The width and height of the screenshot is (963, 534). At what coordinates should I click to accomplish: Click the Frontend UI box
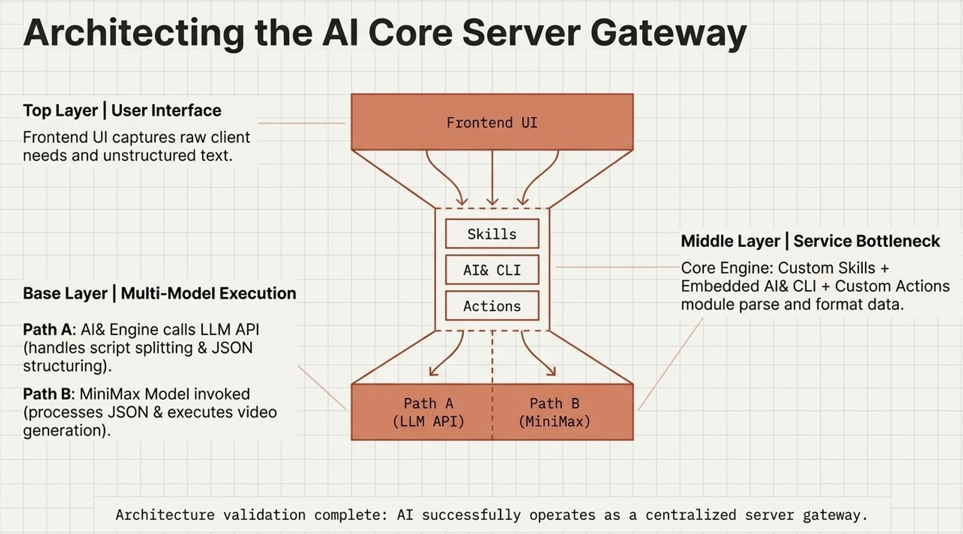pyautogui.click(x=492, y=122)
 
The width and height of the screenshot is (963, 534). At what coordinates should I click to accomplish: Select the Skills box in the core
pyautogui.click(x=492, y=233)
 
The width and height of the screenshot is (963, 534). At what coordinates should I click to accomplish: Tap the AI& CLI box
pyautogui.click(x=492, y=270)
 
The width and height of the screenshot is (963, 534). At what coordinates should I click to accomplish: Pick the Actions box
pyautogui.click(x=492, y=306)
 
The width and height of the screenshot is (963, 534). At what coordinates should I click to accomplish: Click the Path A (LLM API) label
pyautogui.click(x=428, y=412)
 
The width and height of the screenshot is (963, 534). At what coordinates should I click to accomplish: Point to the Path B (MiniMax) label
pyautogui.click(x=554, y=412)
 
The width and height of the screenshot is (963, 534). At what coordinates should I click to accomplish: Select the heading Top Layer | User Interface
pyautogui.click(x=122, y=110)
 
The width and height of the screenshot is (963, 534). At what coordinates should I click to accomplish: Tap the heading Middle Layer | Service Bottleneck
pyautogui.click(x=810, y=241)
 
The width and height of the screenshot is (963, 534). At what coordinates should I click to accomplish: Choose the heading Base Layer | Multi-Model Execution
pyautogui.click(x=159, y=293)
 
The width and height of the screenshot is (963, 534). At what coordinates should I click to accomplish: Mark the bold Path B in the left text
pyautogui.click(x=47, y=394)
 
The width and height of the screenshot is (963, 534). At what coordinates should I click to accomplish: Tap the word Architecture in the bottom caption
pyautogui.click(x=165, y=515)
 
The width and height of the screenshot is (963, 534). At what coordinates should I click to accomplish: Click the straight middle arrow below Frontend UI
pyautogui.click(x=492, y=178)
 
